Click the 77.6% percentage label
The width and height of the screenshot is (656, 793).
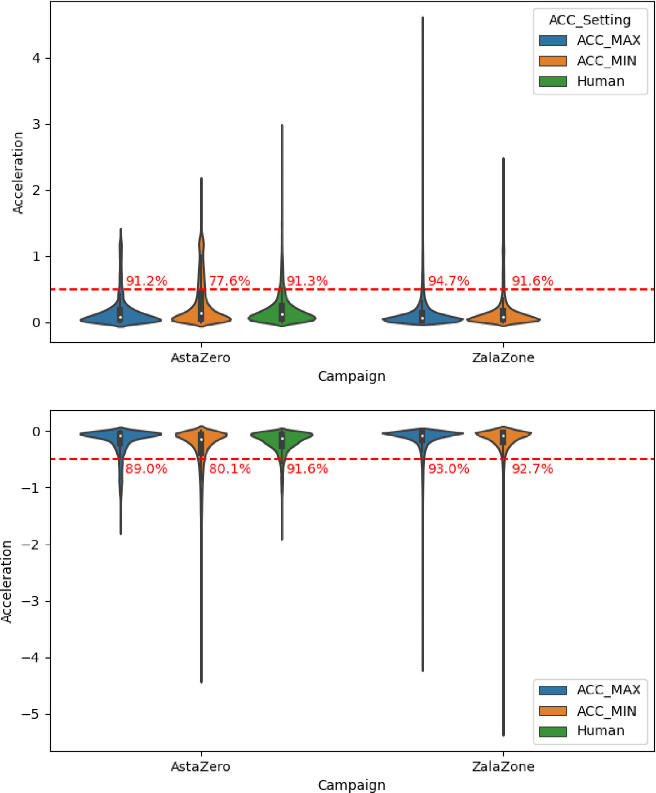(229, 281)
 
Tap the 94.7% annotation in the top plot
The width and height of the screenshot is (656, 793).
(448, 281)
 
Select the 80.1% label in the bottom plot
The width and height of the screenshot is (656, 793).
(230, 469)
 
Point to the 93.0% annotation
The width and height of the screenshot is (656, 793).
(448, 469)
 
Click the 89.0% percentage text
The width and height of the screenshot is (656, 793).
(146, 469)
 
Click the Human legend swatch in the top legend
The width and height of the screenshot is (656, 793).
(553, 81)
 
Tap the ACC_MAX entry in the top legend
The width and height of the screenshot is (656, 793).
(608, 40)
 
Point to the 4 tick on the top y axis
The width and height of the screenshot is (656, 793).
(36, 58)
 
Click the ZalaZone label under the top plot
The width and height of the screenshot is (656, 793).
(503, 357)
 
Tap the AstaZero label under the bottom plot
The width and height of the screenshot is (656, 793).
(200, 767)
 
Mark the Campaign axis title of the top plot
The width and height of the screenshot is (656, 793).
(352, 376)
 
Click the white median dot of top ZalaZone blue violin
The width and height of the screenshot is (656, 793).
(423, 318)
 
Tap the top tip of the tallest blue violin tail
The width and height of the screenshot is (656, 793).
(423, 17)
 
